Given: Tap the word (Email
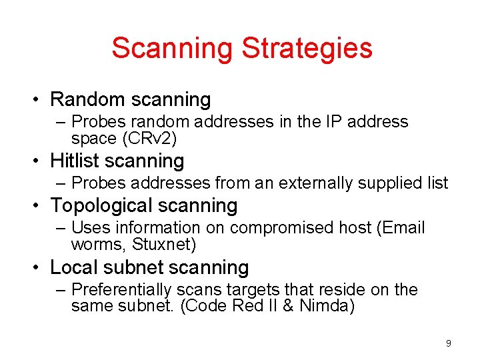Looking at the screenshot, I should pos(401,228).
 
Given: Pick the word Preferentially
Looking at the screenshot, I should pos(121,290).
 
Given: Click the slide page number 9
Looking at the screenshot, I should pos(448,343).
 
